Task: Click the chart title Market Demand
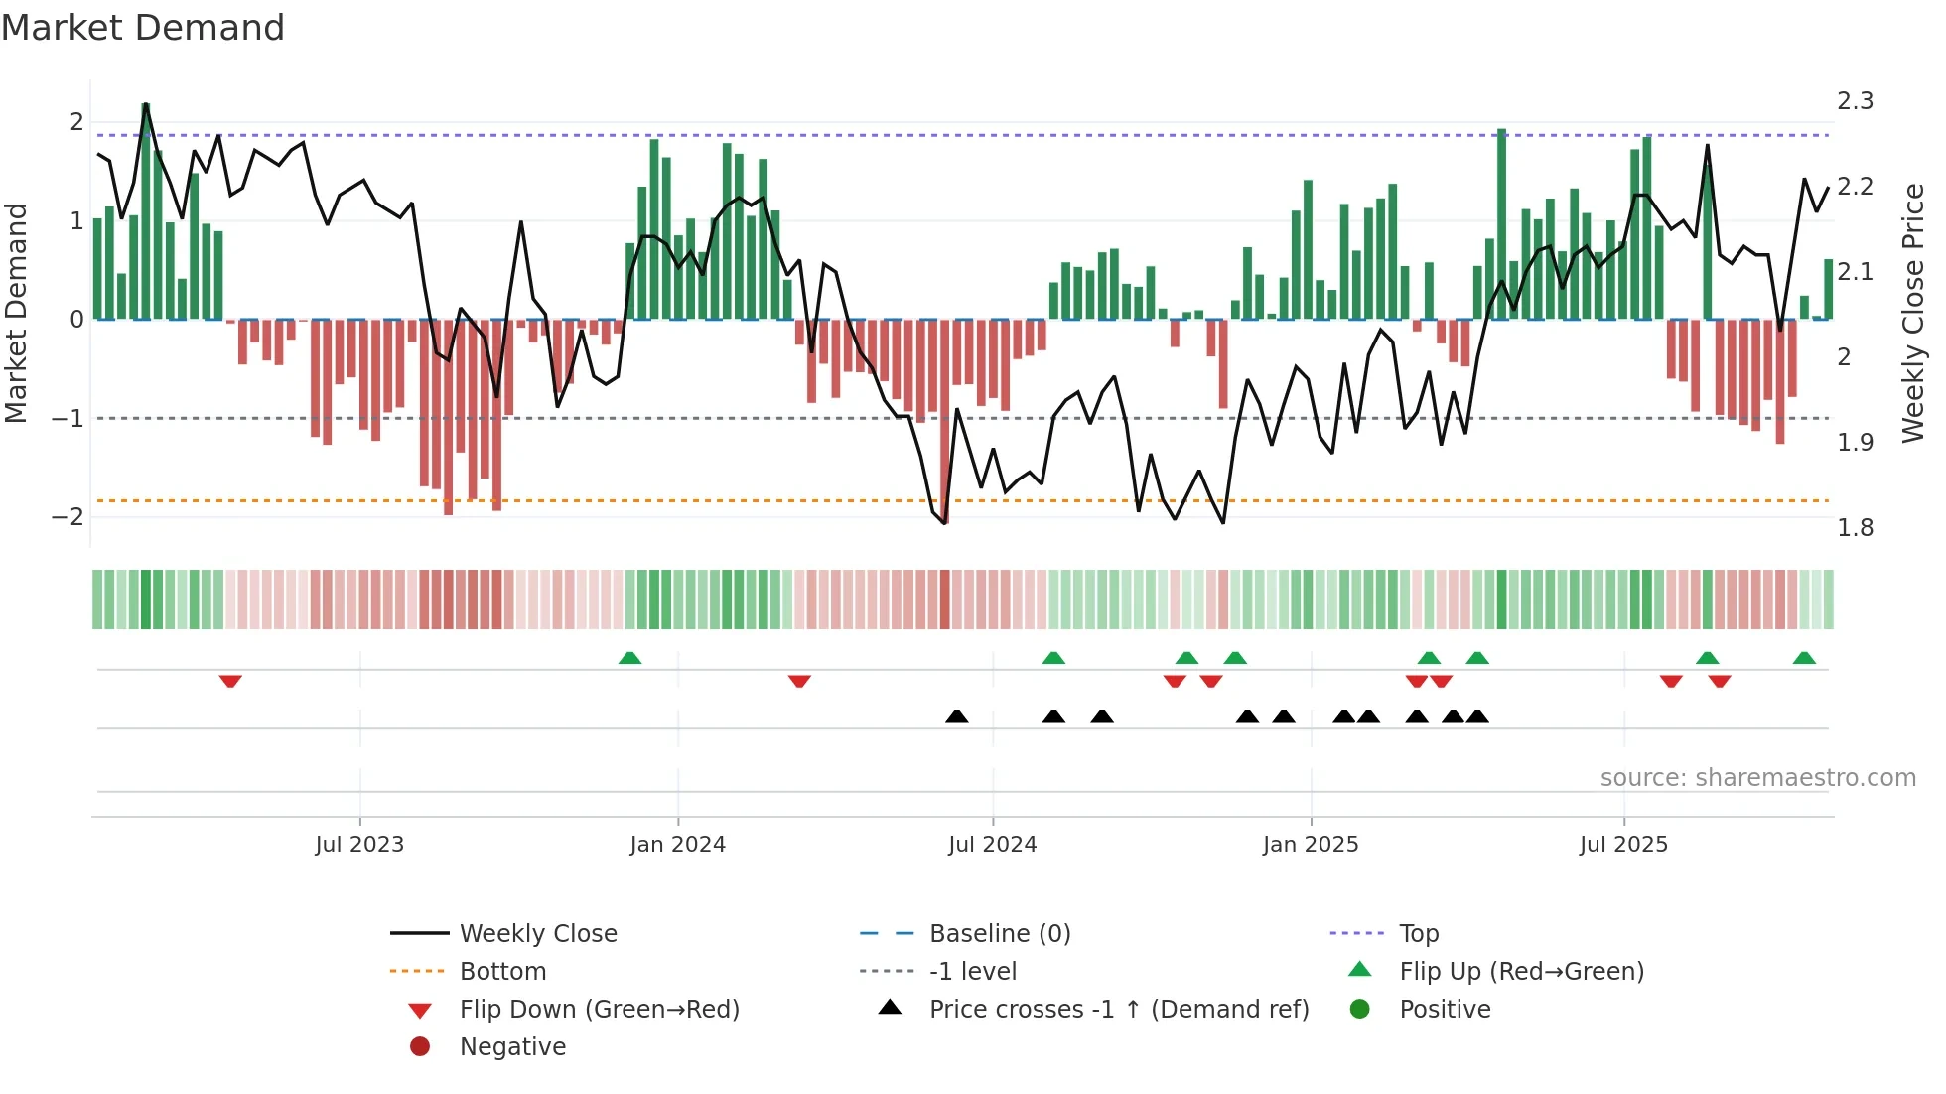point(143,28)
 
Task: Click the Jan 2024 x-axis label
point(677,845)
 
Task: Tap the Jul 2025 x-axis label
point(1623,845)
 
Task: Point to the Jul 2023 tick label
point(359,845)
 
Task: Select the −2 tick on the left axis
point(68,517)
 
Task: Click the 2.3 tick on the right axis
point(1855,101)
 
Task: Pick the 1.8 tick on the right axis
point(1855,528)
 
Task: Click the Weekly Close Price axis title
point(1912,313)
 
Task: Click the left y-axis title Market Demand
point(17,313)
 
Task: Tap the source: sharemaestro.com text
point(1757,778)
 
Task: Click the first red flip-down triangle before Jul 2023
point(230,681)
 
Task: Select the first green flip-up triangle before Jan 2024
point(629,658)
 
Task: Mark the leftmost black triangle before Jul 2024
point(956,716)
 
